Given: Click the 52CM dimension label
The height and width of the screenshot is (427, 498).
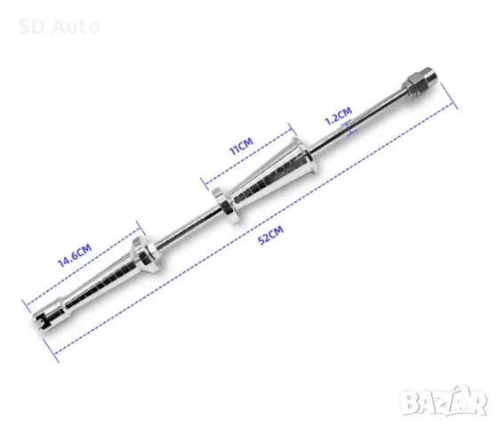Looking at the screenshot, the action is [x=271, y=235].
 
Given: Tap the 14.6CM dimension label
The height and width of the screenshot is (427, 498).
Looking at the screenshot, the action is [x=75, y=255].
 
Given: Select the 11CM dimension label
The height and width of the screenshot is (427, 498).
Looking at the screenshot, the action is [x=241, y=146].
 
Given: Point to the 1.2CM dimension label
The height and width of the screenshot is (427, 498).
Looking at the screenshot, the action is [x=338, y=116].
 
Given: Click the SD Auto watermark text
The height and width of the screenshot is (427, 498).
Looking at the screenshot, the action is [x=59, y=27].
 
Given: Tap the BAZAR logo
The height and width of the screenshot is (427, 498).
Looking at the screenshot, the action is [x=444, y=401].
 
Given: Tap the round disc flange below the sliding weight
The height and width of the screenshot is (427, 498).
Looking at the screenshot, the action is [x=226, y=205].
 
